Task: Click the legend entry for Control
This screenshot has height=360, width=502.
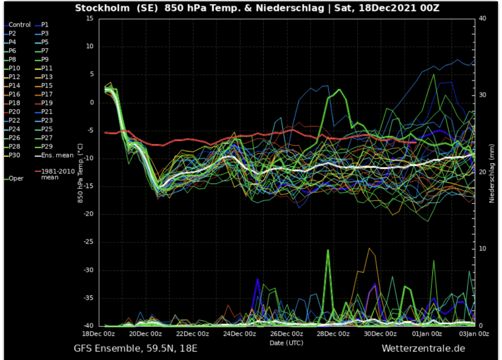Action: tap(19, 24)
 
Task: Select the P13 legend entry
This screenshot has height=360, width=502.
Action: tap(47, 77)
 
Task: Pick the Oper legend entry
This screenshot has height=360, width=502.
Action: tap(16, 178)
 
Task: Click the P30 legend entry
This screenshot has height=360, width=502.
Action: tap(14, 155)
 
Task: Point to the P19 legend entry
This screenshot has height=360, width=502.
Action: tap(47, 103)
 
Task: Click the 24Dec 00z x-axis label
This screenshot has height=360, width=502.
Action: tap(240, 334)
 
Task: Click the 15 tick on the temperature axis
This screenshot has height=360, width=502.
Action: tap(89, 19)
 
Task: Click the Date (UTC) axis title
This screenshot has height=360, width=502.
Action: tap(286, 342)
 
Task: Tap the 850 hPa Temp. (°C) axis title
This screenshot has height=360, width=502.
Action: tap(80, 171)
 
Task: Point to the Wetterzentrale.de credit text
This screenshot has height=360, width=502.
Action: tap(423, 349)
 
